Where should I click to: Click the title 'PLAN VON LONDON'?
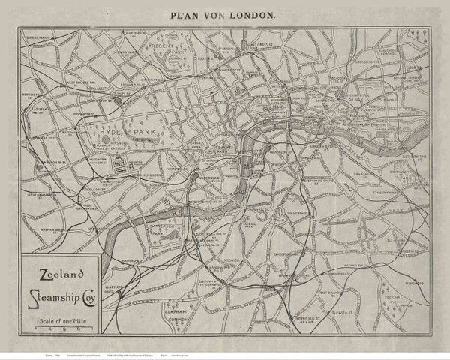coord(224,13)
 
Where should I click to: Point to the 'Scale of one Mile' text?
coord(58,322)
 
